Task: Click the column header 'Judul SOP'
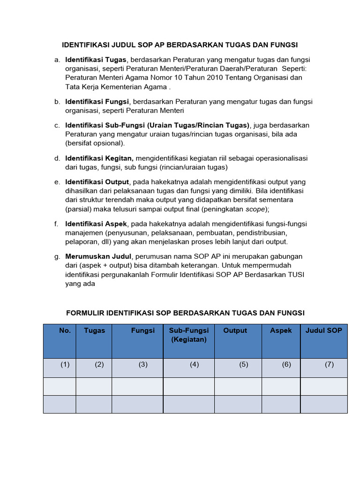click(323, 330)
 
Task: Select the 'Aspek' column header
click(281, 330)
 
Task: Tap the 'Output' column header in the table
click(235, 330)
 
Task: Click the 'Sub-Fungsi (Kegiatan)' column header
click(188, 335)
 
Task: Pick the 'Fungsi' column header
click(143, 330)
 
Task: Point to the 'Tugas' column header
click(94, 330)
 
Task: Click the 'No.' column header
click(65, 330)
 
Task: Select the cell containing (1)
click(65, 365)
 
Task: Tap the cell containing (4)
click(194, 365)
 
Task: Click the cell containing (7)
click(329, 365)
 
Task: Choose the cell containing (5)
click(243, 365)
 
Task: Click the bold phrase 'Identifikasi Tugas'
click(96, 60)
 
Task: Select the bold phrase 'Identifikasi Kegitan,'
click(99, 158)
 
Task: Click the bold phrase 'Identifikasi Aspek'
click(96, 224)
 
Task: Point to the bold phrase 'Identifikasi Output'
click(97, 182)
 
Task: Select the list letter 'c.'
click(57, 126)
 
